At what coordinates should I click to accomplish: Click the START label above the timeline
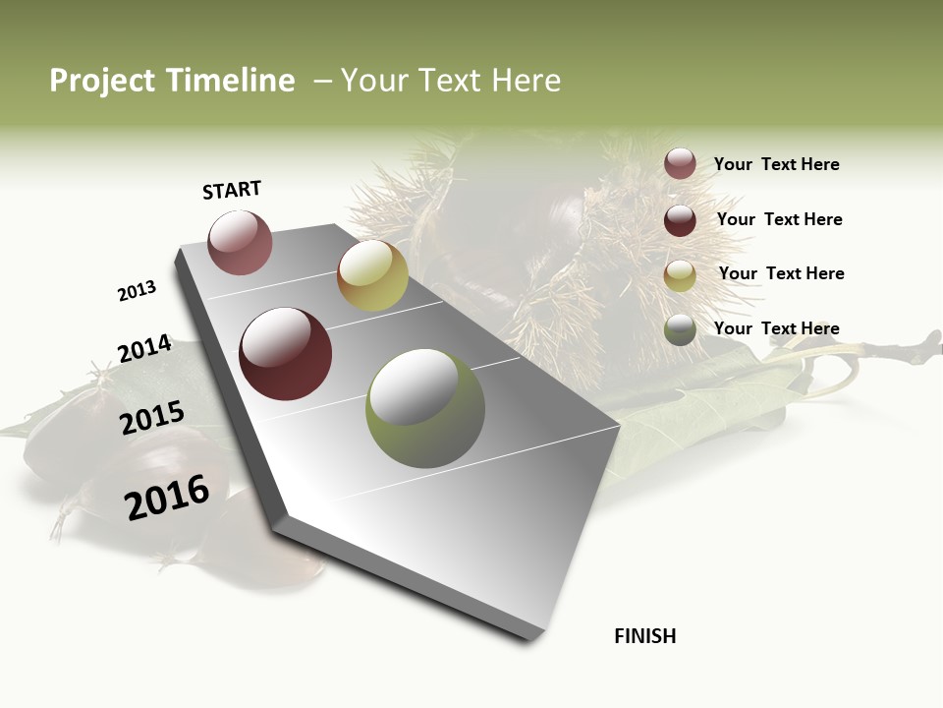coord(232,190)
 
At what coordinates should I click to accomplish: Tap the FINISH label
coord(645,636)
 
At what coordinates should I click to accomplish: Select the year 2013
coord(137,291)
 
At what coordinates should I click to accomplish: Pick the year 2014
coord(144,349)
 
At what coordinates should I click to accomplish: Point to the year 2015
coord(152,418)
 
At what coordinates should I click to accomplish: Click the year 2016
coord(167,498)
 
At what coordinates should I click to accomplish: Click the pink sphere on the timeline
coord(240,242)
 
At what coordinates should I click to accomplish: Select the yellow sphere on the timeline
coord(372,275)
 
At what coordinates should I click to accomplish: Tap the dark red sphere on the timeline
coord(286,354)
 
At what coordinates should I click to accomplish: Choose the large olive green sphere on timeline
coord(425,408)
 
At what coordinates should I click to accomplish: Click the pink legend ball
coord(680,163)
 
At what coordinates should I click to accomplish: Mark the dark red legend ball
coord(680,220)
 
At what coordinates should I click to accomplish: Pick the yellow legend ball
coord(680,276)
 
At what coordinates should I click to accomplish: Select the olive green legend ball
coord(680,330)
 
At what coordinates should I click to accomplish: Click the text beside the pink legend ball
coord(776,164)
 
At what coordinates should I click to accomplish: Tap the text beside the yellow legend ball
coord(781,273)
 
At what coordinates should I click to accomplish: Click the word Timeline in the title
coord(231,81)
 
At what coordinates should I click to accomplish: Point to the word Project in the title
coord(101,81)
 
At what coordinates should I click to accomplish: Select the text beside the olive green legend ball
coord(776,328)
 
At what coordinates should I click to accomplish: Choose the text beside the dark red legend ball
coord(779,219)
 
